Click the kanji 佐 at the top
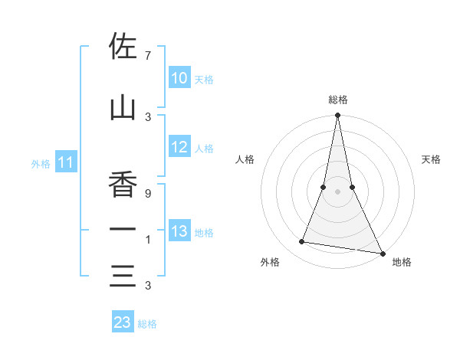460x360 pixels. click(123, 47)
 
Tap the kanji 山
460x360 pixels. click(123, 108)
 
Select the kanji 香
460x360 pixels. click(123, 185)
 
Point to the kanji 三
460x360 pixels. click(123, 275)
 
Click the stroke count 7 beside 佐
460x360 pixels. click(147, 56)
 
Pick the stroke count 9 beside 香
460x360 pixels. click(147, 194)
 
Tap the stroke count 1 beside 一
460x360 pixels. click(147, 240)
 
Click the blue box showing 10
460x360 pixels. click(179, 78)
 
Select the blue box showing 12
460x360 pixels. click(179, 147)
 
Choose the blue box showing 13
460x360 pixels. click(179, 231)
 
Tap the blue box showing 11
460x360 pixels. click(66, 162)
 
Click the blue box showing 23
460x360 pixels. click(123, 322)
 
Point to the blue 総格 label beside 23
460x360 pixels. click(147, 324)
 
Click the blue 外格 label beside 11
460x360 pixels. click(41, 163)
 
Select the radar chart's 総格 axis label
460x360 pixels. click(338, 100)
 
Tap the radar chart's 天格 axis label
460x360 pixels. click(432, 159)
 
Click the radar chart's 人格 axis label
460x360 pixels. click(245, 159)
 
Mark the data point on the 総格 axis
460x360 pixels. click(337, 116)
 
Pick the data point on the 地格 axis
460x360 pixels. click(382, 253)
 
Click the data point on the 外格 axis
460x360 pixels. click(301, 242)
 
